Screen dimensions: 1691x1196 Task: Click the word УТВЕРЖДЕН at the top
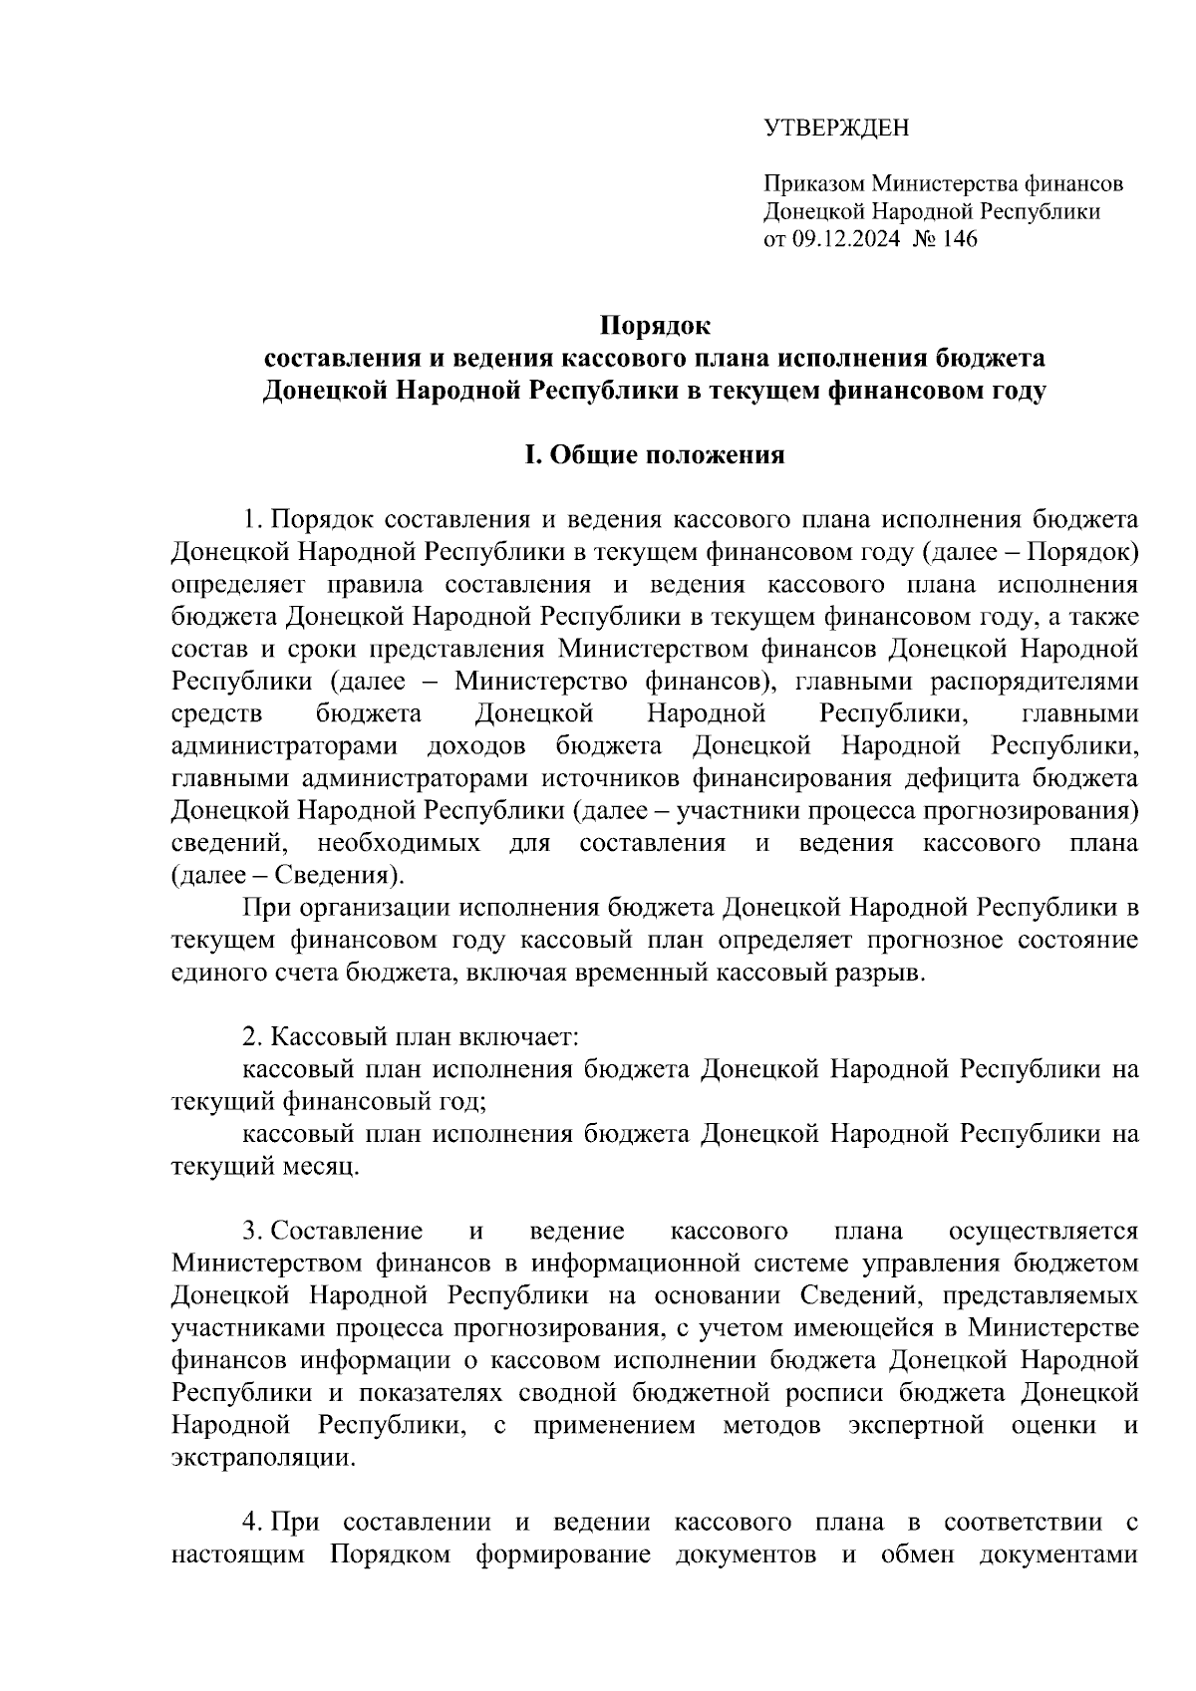[836, 128]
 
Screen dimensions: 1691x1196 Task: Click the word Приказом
[814, 184]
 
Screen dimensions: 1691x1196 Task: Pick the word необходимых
[399, 843]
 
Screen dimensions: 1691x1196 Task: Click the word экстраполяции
[262, 1458]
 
